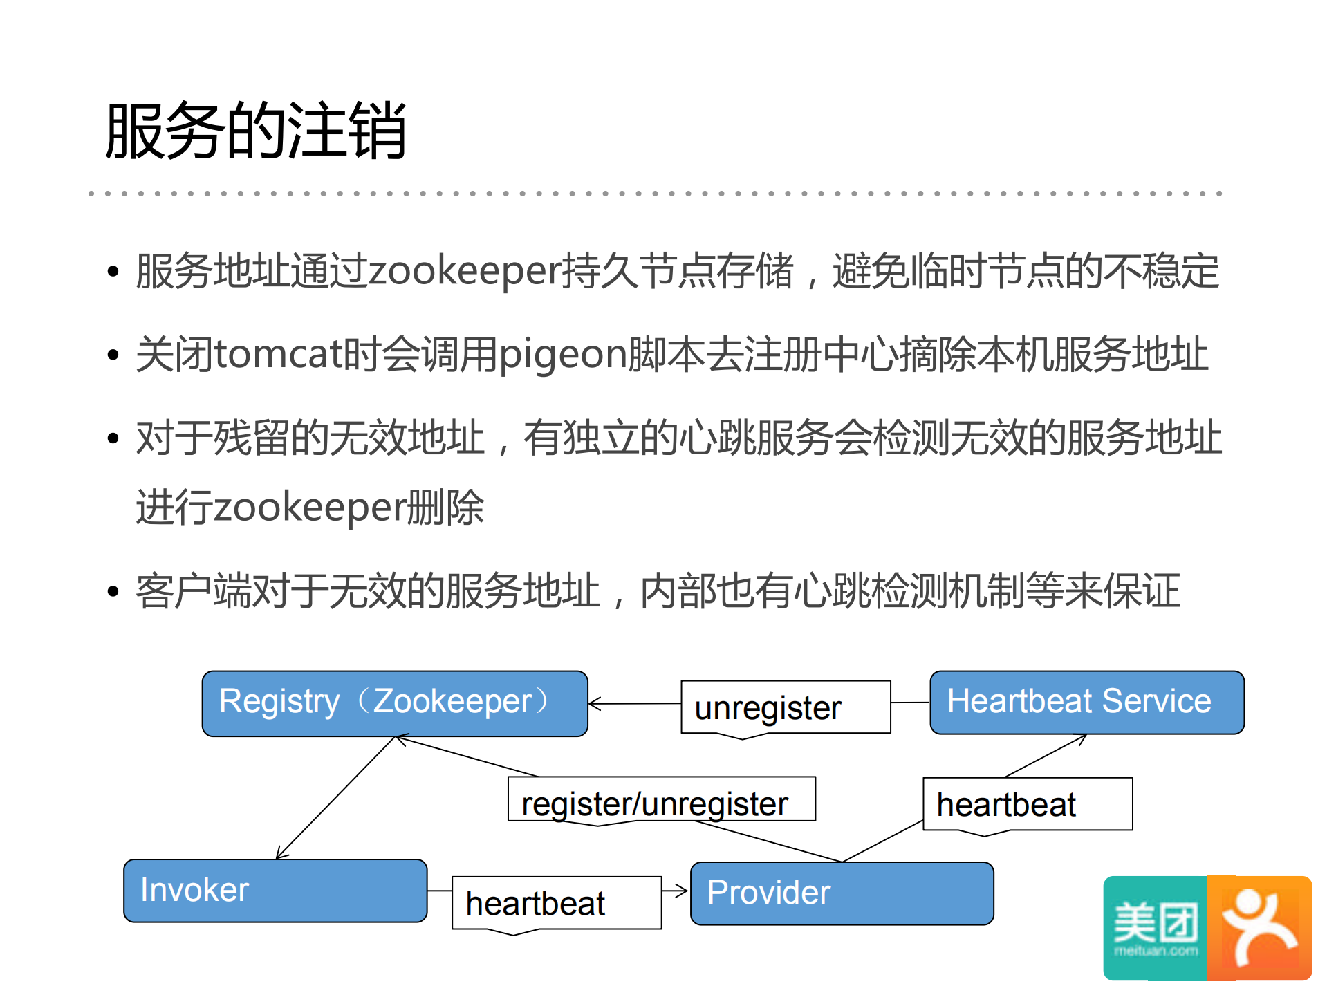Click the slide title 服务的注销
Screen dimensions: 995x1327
tap(255, 131)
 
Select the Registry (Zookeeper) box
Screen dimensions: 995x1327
tap(394, 703)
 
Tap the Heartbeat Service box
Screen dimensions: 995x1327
tap(1086, 702)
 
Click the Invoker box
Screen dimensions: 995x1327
tap(275, 891)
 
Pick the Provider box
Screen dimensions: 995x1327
tap(842, 893)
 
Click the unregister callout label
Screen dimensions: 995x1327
tap(785, 707)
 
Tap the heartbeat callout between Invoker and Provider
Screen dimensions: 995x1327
tap(556, 903)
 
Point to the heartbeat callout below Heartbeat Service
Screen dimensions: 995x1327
tap(1027, 804)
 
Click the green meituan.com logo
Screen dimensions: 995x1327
tap(1155, 928)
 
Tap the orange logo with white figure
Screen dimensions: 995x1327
tap(1259, 928)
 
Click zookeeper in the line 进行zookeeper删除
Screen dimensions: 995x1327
tap(309, 508)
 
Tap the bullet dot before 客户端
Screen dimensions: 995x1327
tap(113, 592)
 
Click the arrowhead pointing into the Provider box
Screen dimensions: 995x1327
tap(683, 891)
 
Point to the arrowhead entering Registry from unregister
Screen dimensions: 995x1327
tap(593, 704)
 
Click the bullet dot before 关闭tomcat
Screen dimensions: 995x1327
tap(113, 355)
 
